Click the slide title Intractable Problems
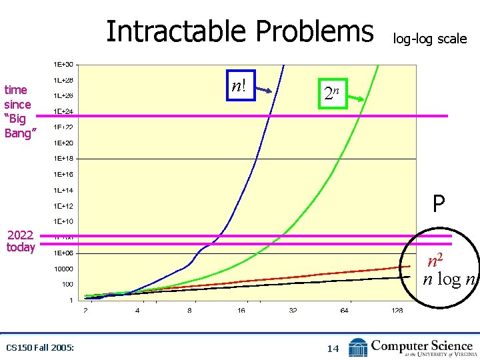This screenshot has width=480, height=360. point(240,31)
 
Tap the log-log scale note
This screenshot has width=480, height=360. point(429,39)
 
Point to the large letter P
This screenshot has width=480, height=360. point(437,204)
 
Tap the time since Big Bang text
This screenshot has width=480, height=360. point(19,111)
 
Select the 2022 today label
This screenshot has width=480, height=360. point(21,241)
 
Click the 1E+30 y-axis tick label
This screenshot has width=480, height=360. point(63,65)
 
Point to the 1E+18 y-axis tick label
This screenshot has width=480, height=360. point(63,159)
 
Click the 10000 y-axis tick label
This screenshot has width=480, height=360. point(64,269)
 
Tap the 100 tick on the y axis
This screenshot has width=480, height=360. point(68,285)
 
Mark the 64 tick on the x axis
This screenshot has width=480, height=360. point(344,311)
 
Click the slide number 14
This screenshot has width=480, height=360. point(333,347)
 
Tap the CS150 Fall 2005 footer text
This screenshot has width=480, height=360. point(39,347)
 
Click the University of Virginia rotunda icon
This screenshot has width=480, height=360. point(358,347)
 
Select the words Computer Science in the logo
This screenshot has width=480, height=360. point(421,345)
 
